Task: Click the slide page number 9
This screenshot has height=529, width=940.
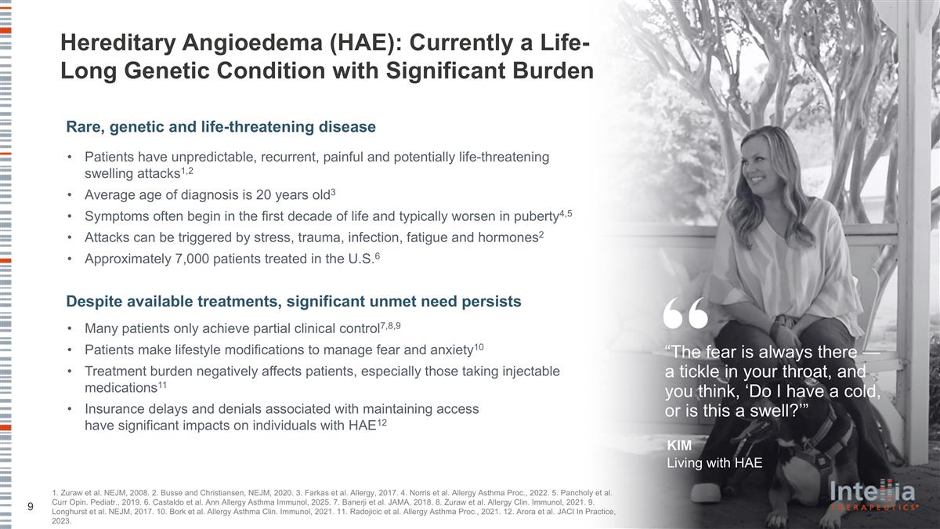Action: coord(30,507)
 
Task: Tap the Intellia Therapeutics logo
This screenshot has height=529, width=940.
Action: coord(873,495)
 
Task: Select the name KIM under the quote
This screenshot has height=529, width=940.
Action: coord(679,446)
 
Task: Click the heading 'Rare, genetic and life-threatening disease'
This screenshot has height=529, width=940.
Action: coord(221,126)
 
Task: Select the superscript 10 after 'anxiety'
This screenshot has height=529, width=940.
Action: coord(479,346)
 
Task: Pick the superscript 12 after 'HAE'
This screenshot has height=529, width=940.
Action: coord(381,422)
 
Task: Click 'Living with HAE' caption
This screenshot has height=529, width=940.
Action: coord(714,462)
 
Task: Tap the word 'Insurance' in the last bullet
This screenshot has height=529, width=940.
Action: coord(115,409)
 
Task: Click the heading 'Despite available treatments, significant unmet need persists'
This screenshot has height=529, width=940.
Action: coord(294,301)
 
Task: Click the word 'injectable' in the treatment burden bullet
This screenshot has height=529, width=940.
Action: coord(529,370)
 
